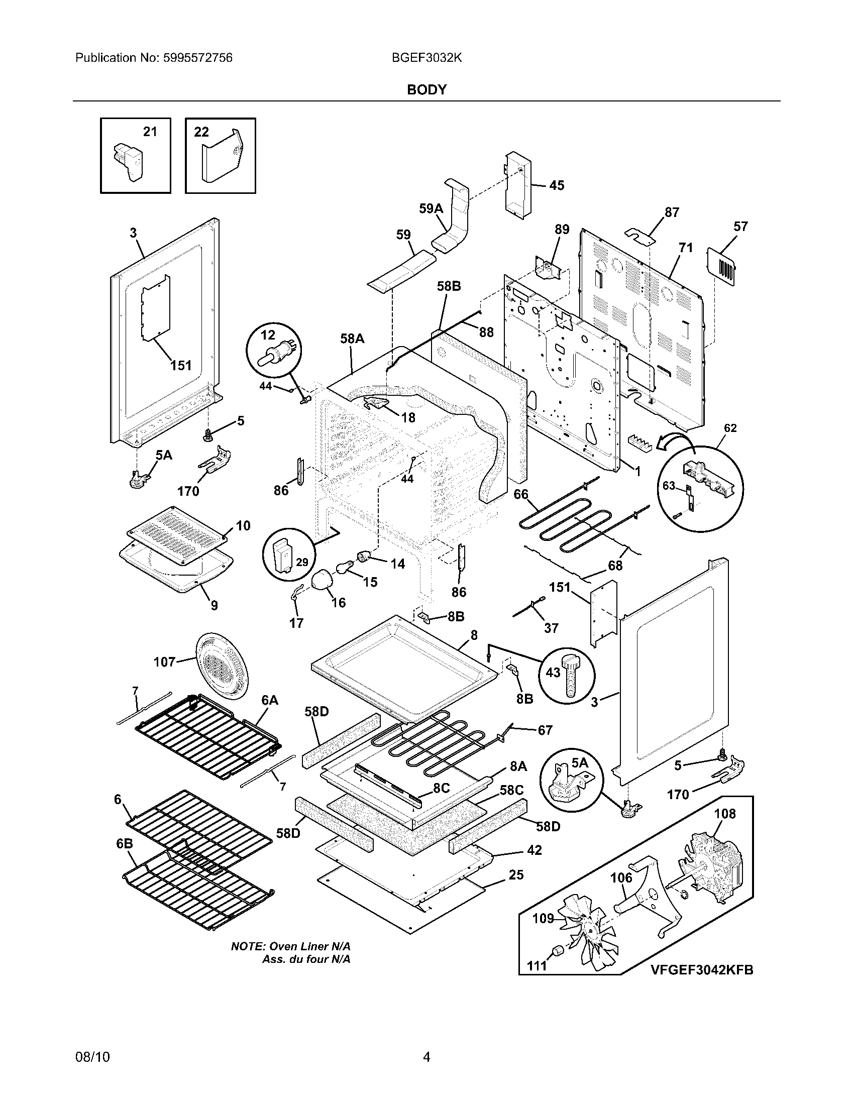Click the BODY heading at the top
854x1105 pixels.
pos(426,89)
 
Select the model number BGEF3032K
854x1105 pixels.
pos(426,58)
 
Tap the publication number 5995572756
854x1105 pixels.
pos(197,58)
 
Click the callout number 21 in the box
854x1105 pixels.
pos(150,132)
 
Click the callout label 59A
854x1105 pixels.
pos(431,208)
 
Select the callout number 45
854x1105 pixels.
pos(557,186)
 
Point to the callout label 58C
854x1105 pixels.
pos(512,790)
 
